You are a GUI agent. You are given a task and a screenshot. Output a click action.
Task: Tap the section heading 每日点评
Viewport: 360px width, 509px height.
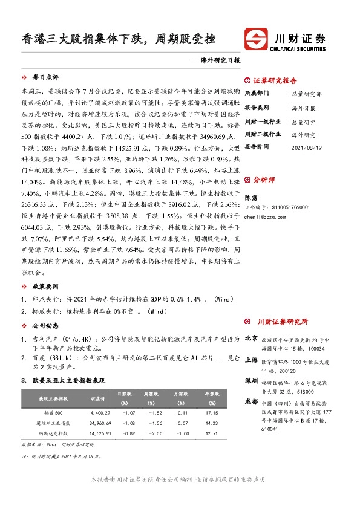45,78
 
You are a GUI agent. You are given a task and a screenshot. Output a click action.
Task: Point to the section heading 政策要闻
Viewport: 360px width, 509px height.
45,285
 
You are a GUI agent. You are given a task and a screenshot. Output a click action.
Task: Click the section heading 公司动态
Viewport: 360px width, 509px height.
45,325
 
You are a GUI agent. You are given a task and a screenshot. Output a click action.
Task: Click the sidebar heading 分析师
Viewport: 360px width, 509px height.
264,180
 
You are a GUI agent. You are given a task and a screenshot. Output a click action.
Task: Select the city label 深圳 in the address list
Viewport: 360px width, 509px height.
250,382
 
